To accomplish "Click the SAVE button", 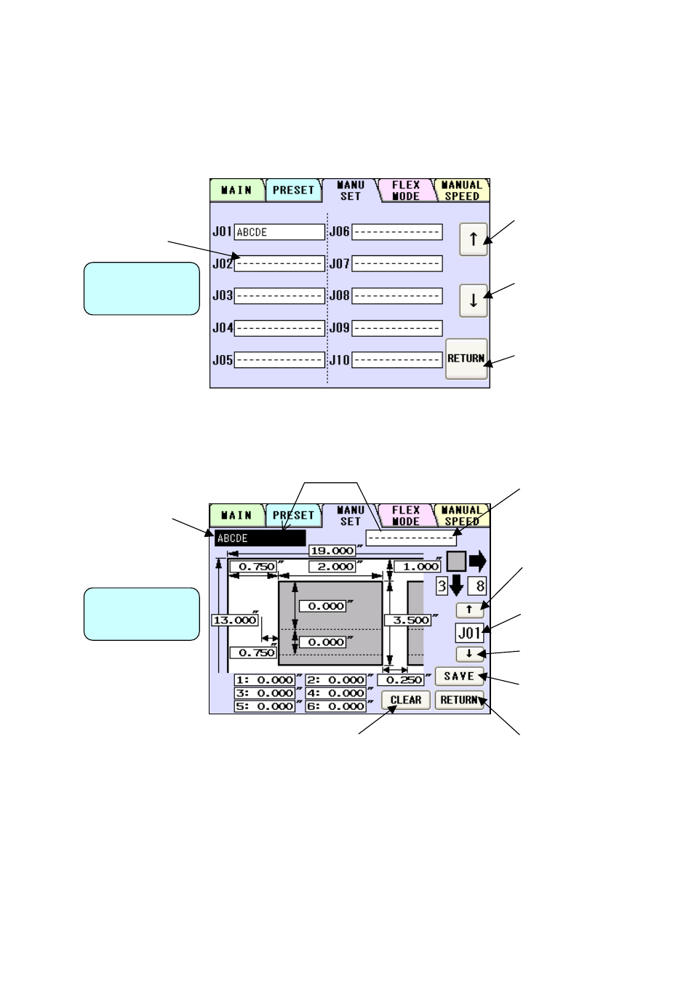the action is [459, 676].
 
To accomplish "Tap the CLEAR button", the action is [405, 700].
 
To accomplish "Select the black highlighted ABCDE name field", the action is [260, 538].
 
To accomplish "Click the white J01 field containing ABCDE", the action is [279, 232].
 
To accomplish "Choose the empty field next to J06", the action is [396, 232].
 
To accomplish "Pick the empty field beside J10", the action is [396, 360].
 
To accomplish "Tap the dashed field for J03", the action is [279, 296].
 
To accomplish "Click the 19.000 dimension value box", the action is [332, 551].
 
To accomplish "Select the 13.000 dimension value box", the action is [234, 620].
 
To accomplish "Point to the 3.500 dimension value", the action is [407, 620].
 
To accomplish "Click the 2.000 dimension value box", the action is [332, 567].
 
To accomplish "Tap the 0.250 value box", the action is [401, 680].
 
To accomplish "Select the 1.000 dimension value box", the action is [418, 567].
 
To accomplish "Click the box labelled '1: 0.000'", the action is [265, 680].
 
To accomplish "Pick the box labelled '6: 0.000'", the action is [336, 706].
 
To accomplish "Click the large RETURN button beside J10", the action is [466, 359].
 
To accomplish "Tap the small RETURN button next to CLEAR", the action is [459, 700].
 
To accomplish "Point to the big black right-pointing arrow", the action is [477, 561].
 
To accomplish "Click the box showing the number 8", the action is [477, 586].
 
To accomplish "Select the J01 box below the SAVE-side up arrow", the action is [469, 633].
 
